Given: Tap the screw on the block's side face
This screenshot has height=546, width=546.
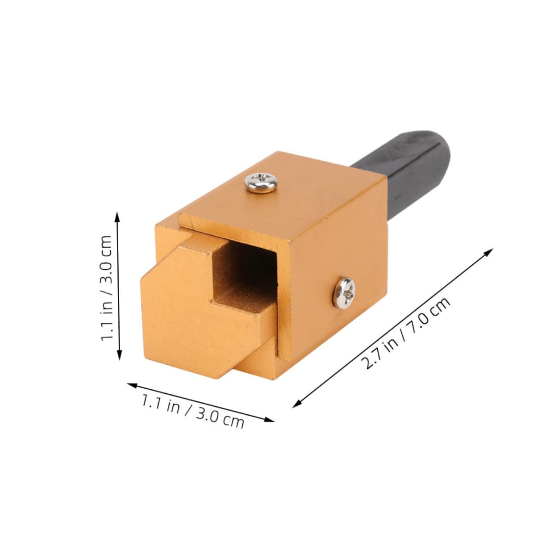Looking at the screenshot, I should [345, 292].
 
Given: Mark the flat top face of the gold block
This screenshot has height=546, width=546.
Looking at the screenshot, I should [313, 196].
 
